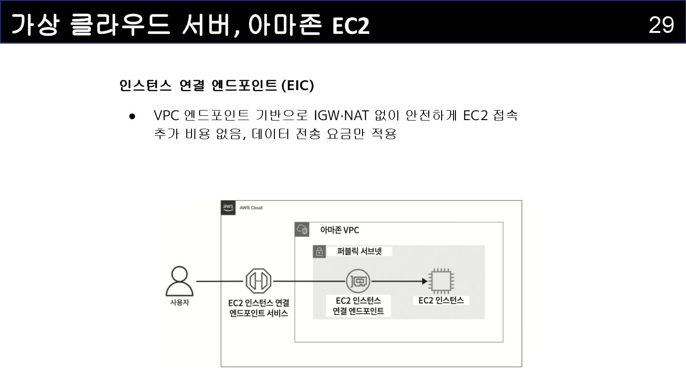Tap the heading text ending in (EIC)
click(216, 86)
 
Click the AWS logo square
click(228, 208)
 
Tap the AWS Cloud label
click(251, 208)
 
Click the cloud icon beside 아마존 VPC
click(303, 230)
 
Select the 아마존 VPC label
click(339, 230)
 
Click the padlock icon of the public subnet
click(319, 251)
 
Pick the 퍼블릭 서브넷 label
click(359, 251)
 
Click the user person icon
click(180, 281)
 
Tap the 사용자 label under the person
click(180, 302)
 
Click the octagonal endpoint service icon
click(259, 281)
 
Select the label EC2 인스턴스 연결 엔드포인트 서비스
click(259, 308)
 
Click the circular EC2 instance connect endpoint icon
click(358, 281)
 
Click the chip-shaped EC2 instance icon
click(441, 281)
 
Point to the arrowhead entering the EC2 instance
click(424, 281)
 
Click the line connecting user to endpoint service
click(219, 281)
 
